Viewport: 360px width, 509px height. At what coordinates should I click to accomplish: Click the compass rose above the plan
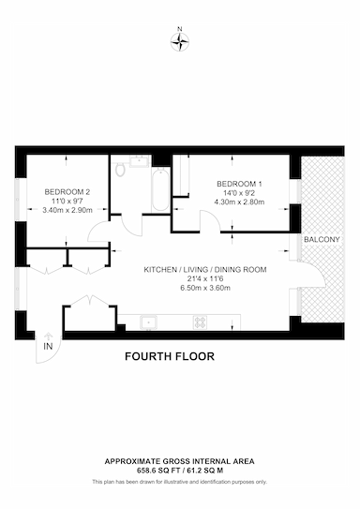(x=180, y=42)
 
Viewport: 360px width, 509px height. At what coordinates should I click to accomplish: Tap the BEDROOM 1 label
(x=239, y=184)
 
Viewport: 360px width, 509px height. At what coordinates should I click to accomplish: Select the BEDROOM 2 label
(x=67, y=192)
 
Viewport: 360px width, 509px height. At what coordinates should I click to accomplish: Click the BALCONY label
(x=322, y=240)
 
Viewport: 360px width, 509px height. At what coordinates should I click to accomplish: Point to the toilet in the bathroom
(x=120, y=170)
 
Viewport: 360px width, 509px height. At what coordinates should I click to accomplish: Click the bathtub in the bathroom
(x=160, y=189)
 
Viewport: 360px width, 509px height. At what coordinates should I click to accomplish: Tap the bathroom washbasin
(x=140, y=161)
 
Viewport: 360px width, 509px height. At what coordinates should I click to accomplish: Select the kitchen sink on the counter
(x=148, y=322)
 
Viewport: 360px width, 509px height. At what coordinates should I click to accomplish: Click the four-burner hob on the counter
(x=200, y=322)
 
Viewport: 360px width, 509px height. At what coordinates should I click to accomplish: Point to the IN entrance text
(x=48, y=347)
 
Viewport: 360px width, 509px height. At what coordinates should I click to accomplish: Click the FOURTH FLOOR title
(x=170, y=356)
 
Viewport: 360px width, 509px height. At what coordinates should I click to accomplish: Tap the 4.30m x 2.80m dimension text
(x=239, y=202)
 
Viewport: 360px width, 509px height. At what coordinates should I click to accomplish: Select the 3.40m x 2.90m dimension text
(x=67, y=210)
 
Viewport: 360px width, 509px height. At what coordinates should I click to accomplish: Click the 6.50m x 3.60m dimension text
(x=205, y=288)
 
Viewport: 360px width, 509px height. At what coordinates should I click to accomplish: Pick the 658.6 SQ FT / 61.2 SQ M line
(x=179, y=470)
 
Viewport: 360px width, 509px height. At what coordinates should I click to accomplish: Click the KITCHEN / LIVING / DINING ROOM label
(x=205, y=269)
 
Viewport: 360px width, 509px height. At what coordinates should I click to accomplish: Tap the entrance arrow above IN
(x=48, y=336)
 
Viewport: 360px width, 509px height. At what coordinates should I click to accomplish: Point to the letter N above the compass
(x=180, y=29)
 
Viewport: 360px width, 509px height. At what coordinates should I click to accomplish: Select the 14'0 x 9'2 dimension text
(x=239, y=193)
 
